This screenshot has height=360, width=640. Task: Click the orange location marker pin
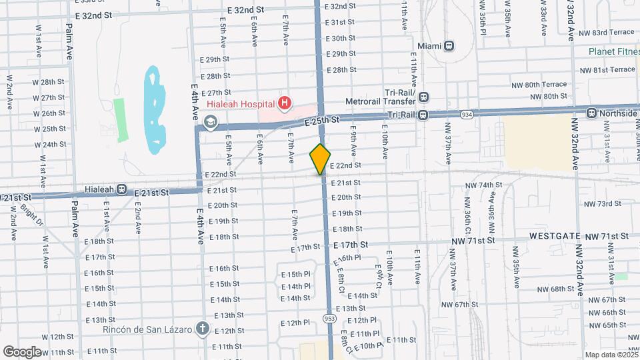[321, 159]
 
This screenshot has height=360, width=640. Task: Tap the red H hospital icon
[285, 103]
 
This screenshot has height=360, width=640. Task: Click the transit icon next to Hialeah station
[121, 189]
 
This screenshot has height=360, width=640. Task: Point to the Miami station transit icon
[449, 46]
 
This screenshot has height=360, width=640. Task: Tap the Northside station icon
[591, 113]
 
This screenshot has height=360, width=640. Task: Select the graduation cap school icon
[211, 121]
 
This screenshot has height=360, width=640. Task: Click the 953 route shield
[329, 319]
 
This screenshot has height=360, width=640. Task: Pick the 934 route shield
[467, 115]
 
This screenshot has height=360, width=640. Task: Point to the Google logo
[22, 351]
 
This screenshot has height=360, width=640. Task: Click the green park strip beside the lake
[120, 120]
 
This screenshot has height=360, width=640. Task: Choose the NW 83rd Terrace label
[607, 32]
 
